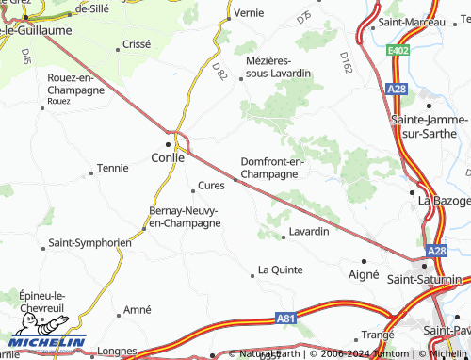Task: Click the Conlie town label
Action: click(169, 158)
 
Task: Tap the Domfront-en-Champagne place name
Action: click(272, 168)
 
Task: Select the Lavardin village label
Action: click(309, 231)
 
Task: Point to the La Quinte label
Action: click(280, 270)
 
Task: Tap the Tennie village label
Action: click(112, 168)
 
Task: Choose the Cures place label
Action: click(211, 186)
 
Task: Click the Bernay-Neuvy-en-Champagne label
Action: click(185, 217)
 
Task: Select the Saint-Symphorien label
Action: click(89, 242)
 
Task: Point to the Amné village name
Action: click(138, 310)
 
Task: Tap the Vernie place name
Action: click(249, 13)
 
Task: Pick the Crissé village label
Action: click(136, 44)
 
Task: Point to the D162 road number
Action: click(346, 63)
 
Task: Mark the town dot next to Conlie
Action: click(169, 144)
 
